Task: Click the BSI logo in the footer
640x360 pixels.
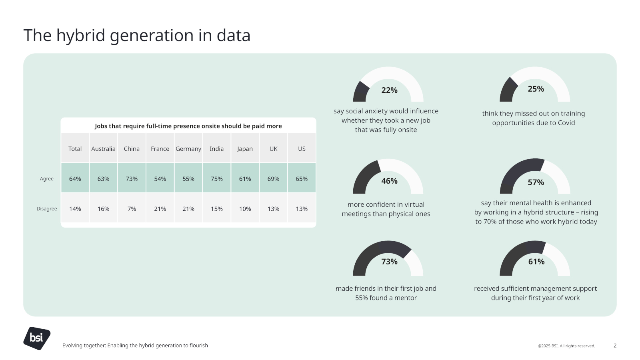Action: coord(36,338)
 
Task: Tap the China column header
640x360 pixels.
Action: coord(132,149)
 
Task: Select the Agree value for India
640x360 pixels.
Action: coord(217,179)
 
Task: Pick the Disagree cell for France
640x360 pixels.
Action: coord(160,209)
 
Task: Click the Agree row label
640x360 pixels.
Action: coord(46,179)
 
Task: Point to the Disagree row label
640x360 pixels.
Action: coord(46,209)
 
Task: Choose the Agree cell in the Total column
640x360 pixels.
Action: coord(75,179)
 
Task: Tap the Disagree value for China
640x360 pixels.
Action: coord(132,209)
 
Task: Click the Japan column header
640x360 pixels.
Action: coord(245,149)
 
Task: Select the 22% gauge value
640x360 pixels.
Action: coord(389,90)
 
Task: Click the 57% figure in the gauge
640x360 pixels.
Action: coord(536,182)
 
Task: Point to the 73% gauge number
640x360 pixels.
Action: coord(389,262)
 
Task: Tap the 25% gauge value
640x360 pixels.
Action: coord(536,89)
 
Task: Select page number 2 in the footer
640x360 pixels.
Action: coord(615,346)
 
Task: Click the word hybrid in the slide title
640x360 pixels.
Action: coord(81,36)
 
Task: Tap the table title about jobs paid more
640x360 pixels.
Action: coord(188,126)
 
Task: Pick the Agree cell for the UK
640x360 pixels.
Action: coord(273,179)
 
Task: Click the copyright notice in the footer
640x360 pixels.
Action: coord(566,346)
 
